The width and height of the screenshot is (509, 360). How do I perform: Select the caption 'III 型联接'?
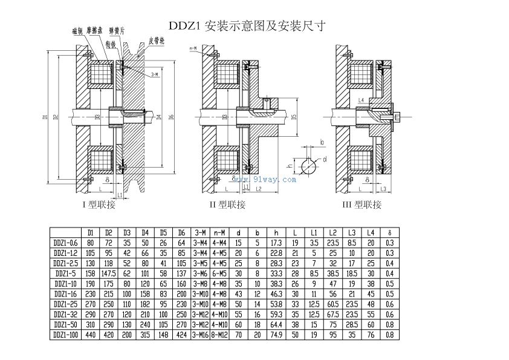click(x=361, y=205)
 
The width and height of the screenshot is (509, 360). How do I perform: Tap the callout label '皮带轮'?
click(x=156, y=42)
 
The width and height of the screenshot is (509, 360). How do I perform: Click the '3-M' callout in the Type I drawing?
click(x=153, y=74)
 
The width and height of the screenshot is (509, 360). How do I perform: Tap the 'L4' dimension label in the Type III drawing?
click(x=360, y=100)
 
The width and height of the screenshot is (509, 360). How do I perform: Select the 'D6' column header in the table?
click(x=182, y=232)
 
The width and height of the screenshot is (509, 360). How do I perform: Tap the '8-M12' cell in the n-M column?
click(x=220, y=334)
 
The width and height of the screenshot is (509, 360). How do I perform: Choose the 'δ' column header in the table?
click(x=391, y=232)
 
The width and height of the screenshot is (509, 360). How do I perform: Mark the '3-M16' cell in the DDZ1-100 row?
click(x=201, y=334)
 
